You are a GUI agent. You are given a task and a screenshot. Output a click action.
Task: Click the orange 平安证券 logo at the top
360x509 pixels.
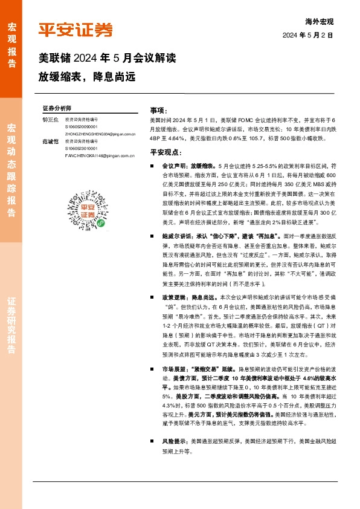[76, 29]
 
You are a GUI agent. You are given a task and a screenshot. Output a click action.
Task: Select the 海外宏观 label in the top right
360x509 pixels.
[320, 22]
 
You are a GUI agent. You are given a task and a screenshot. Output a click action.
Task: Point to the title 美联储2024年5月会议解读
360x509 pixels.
[107, 59]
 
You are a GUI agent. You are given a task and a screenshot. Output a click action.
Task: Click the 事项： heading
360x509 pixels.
[158, 111]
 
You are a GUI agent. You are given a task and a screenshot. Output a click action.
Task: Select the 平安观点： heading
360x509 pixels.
[165, 152]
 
